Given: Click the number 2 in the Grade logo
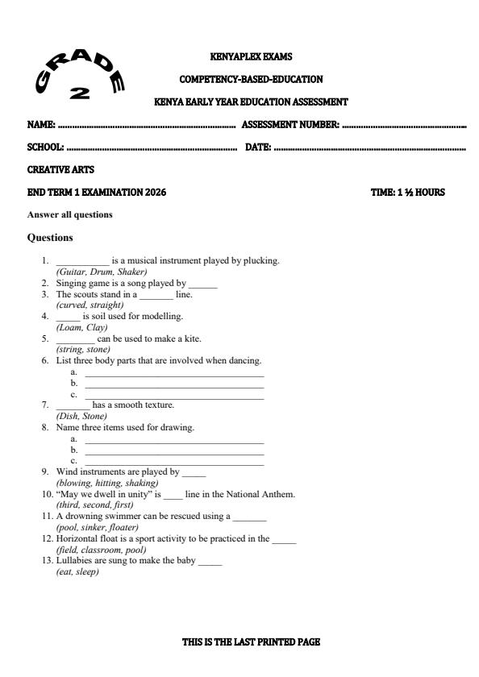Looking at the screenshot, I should point(79,93).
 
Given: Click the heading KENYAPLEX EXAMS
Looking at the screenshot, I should point(250,56).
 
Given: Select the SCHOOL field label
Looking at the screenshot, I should point(45,147).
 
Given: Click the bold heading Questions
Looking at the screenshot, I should point(50,238).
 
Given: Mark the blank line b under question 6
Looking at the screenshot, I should point(174,384).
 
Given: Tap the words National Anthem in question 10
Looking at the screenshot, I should point(264,494).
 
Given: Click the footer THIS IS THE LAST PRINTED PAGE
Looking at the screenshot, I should point(251,642).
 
